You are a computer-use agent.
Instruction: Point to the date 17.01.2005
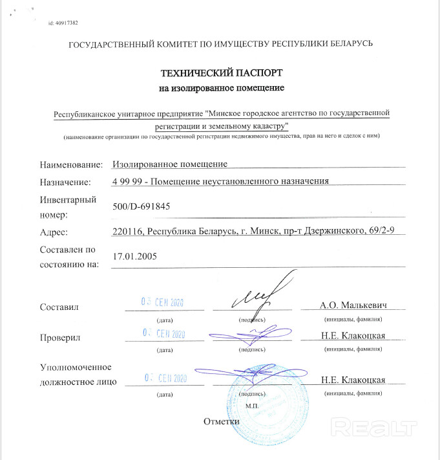134,256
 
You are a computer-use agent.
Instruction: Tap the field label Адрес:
54,232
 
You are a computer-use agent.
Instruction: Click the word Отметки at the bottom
222,421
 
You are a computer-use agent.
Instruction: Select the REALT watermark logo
372,426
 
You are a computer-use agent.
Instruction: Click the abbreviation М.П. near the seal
252,404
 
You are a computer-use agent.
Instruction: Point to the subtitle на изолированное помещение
222,87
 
